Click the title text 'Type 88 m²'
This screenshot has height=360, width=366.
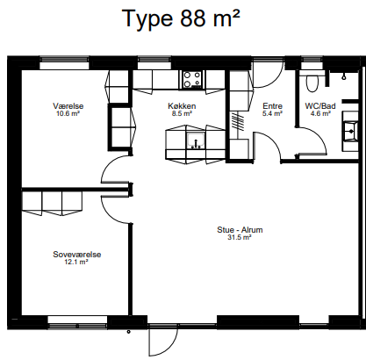coord(182,19)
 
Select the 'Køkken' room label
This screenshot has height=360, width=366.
coord(182,105)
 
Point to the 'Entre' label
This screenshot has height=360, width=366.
coord(272,105)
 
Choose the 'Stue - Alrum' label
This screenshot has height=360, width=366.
coord(240,229)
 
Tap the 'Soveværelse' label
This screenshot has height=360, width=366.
coord(77,254)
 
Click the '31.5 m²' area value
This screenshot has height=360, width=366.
coord(240,237)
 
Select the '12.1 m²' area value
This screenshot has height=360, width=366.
coord(77,262)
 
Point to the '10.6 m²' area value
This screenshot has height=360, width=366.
coord(68,113)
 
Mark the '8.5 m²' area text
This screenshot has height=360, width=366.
coord(182,113)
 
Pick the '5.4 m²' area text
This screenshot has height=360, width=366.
coord(272,113)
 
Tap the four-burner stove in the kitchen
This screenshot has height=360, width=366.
coord(191,80)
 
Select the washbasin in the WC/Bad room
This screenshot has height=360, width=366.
coord(349,131)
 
